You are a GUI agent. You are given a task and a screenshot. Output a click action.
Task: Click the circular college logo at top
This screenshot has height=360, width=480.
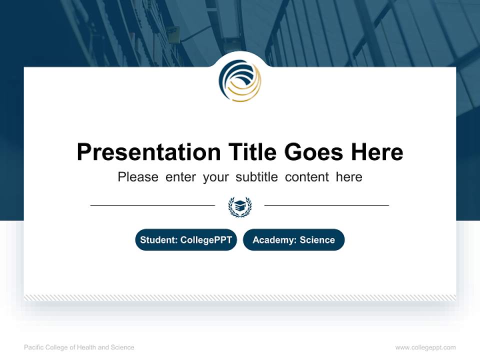point(240,81)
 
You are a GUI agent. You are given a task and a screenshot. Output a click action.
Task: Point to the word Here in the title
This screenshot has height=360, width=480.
point(376,152)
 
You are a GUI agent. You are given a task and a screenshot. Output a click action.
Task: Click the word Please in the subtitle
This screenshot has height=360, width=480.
point(138,177)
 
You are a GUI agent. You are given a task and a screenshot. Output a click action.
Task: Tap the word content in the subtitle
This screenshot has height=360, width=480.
point(307,177)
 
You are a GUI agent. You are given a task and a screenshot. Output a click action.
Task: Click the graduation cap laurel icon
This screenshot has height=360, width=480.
point(240,206)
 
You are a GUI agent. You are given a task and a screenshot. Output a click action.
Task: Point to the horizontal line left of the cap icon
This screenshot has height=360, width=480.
point(152,205)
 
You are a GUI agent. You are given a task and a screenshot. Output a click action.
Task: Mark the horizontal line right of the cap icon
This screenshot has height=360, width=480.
point(326,205)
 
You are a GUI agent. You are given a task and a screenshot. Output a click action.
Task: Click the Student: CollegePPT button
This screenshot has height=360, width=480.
point(186,240)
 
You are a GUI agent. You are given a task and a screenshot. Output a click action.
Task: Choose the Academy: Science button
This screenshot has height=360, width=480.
point(293,240)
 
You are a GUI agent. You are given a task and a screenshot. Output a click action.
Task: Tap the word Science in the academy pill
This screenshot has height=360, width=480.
point(317,240)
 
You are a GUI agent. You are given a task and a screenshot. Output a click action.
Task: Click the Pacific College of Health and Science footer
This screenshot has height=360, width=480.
point(79,347)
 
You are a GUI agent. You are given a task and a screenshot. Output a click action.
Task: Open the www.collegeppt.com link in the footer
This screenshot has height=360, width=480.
point(425,347)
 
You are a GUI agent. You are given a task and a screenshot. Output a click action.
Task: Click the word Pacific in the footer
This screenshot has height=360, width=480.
point(33,347)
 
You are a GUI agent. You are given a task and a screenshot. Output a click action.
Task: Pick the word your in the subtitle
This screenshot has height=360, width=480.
point(215,177)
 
